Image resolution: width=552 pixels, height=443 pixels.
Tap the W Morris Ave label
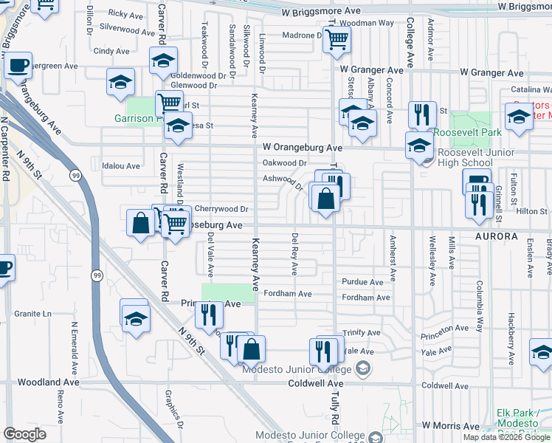pyautogui.click(x=450, y=427)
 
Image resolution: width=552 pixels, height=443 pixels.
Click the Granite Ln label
pyautogui.click(x=38, y=314)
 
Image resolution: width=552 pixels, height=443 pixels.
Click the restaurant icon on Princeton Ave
pyautogui.click(x=209, y=315)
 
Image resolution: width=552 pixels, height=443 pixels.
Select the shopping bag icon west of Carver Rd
pyautogui.click(x=140, y=222)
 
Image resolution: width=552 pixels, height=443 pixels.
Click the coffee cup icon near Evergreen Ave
pyautogui.click(x=18, y=64)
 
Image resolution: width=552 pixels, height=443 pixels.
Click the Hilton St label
pyautogui.click(x=531, y=211)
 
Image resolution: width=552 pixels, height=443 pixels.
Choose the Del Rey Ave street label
pyautogui.click(x=294, y=255)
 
